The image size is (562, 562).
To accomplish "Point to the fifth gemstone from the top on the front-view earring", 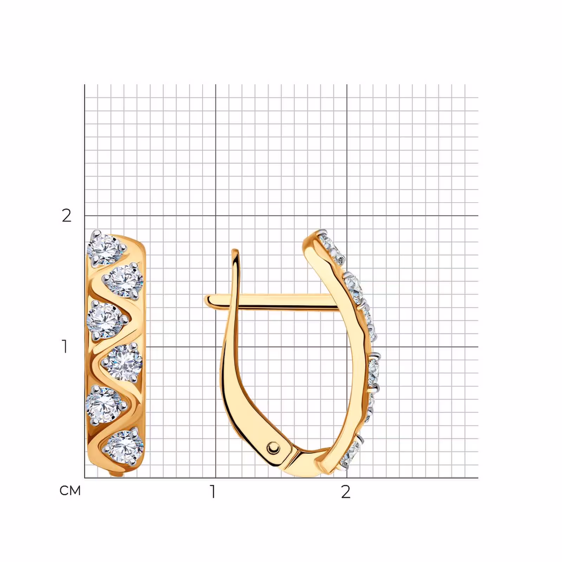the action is point(103,404).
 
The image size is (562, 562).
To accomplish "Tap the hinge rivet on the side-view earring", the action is point(273,448).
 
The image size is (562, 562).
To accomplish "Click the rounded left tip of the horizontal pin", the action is point(207,300).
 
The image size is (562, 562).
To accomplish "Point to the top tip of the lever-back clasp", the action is point(235,250).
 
